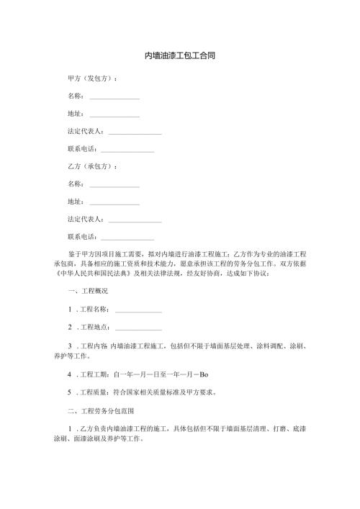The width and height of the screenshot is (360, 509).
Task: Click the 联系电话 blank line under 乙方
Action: coord(127,238)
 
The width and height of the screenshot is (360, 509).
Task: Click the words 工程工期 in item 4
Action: coord(94,374)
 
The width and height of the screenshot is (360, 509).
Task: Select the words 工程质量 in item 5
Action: coord(94,393)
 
